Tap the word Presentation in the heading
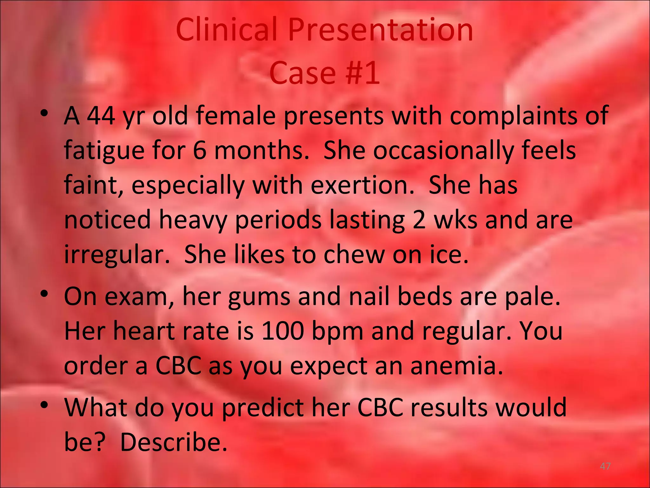click(x=380, y=30)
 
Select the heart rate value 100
click(x=282, y=331)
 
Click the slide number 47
click(x=605, y=467)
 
